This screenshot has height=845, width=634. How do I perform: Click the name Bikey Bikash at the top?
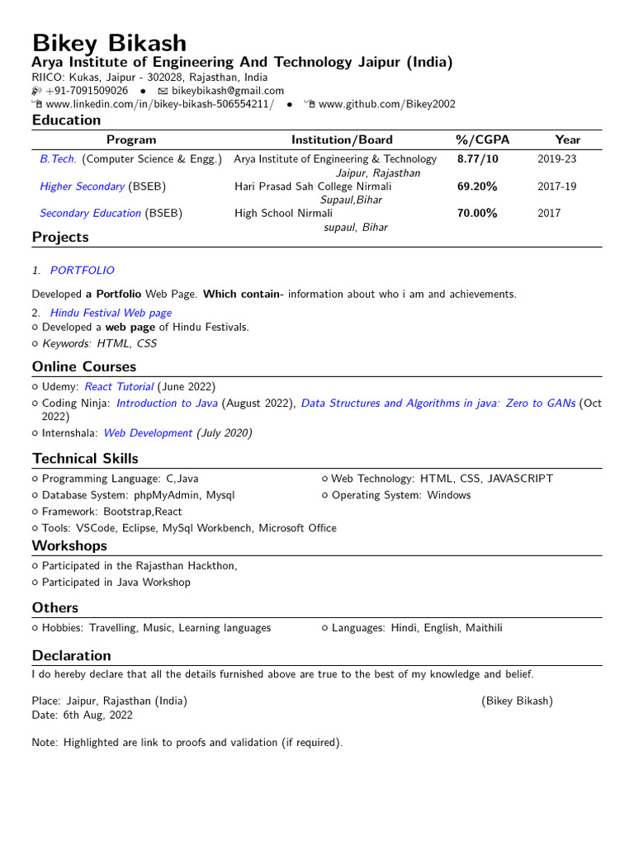pyautogui.click(x=109, y=43)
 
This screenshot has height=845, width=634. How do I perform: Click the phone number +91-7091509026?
pyautogui.click(x=87, y=91)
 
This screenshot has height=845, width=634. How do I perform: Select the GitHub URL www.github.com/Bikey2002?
pyautogui.click(x=386, y=104)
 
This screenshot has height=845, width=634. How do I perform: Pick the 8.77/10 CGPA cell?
pyautogui.click(x=478, y=159)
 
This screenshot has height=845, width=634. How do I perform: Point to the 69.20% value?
pyautogui.click(x=477, y=186)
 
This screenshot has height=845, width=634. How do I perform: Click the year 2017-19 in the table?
pyautogui.click(x=556, y=186)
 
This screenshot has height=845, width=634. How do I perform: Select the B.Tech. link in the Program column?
pyautogui.click(x=58, y=159)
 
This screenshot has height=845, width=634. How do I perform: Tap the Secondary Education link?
pyautogui.click(x=90, y=213)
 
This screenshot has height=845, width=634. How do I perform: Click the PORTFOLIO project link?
pyautogui.click(x=83, y=271)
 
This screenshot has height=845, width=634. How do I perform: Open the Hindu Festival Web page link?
pyautogui.click(x=111, y=313)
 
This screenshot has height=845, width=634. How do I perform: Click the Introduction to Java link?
pyautogui.click(x=167, y=404)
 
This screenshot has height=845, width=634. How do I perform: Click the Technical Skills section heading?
pyautogui.click(x=85, y=458)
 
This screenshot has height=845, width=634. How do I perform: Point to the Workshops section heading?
pyautogui.click(x=69, y=545)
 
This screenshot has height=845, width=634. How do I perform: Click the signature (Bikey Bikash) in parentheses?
pyautogui.click(x=517, y=701)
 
